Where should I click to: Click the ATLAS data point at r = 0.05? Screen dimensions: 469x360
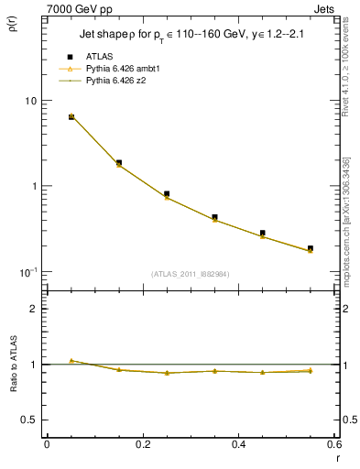pyautogui.click(x=71, y=117)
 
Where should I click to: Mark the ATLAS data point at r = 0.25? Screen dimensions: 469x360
pyautogui.click(x=167, y=194)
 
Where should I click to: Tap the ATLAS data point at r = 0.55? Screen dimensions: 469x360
pyautogui.click(x=311, y=248)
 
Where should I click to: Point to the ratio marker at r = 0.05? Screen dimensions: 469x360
pyautogui.click(x=71, y=361)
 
